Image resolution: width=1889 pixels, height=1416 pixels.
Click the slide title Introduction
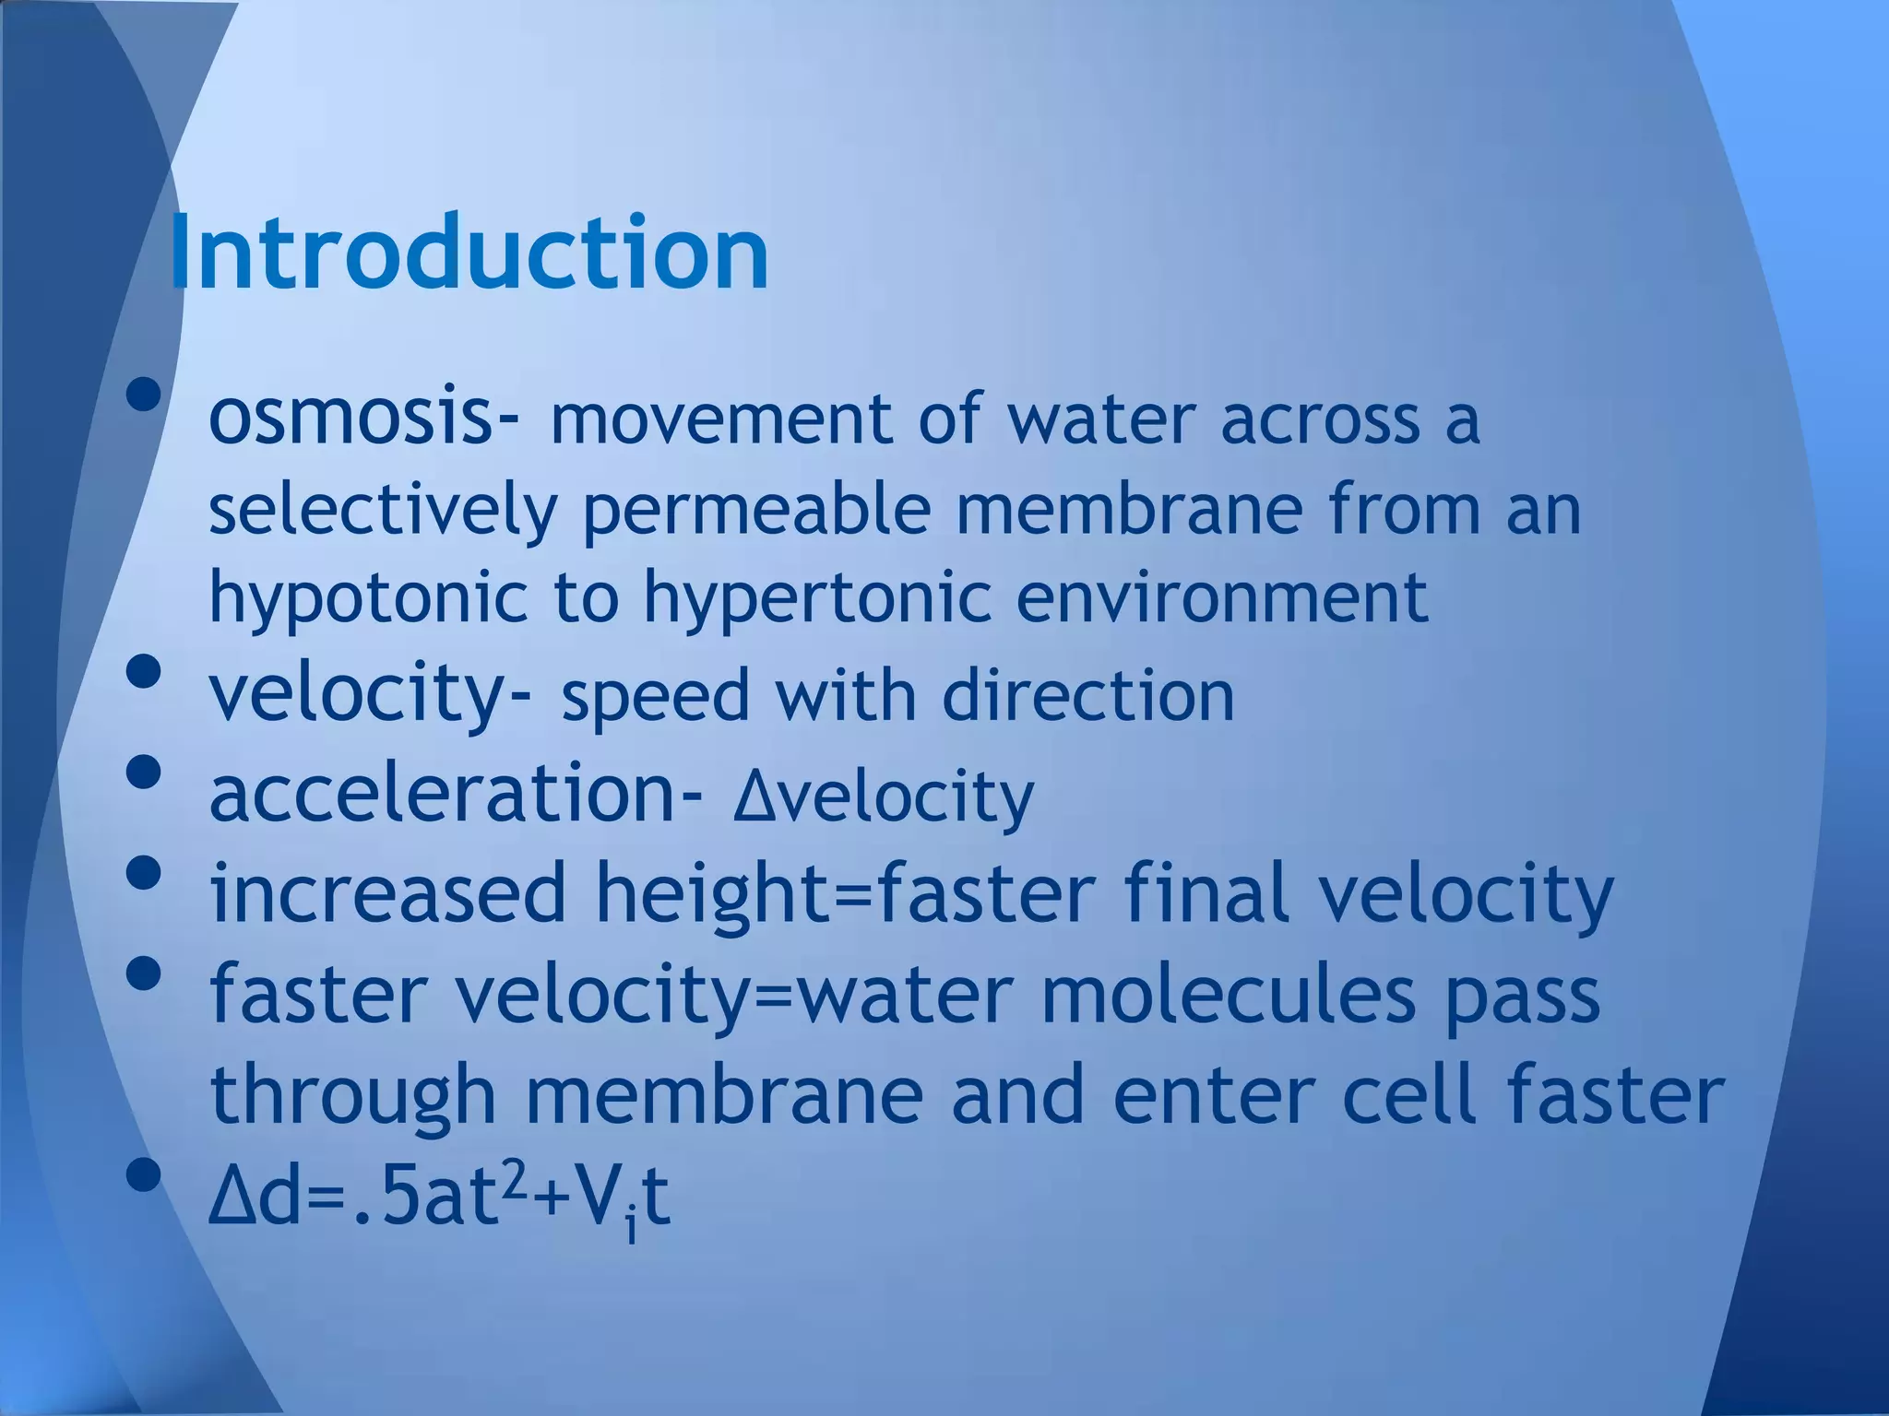469,253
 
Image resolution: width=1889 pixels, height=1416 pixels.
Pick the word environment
1222,597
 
